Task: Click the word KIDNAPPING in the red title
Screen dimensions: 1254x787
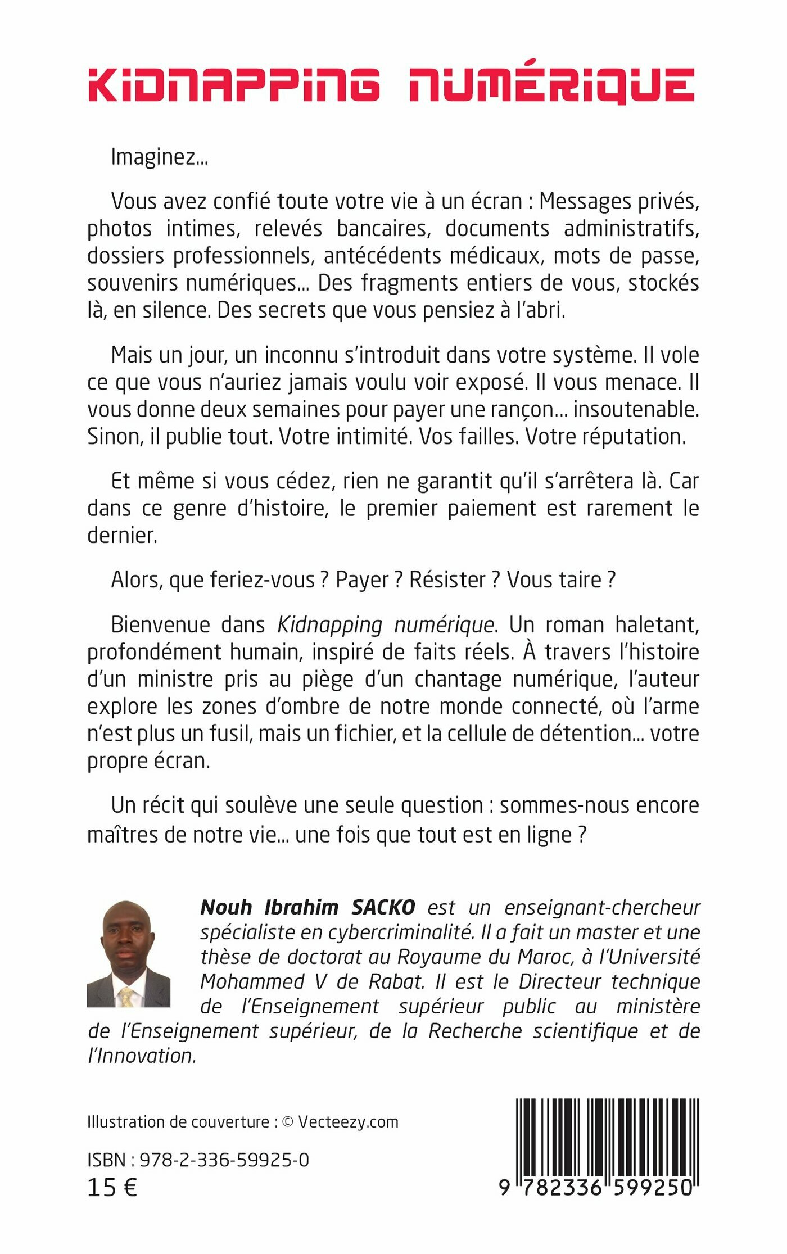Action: (233, 85)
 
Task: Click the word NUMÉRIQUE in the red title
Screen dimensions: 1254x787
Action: (552, 85)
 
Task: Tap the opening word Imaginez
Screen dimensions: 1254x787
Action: (159, 157)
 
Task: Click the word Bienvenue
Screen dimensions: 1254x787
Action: (160, 624)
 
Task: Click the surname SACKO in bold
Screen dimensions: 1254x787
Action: (383, 907)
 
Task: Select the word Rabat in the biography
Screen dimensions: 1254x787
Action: (396, 981)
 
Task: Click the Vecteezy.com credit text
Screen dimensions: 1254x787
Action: (348, 1122)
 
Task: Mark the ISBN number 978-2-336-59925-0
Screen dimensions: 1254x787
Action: (224, 1160)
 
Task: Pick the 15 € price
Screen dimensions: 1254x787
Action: (112, 1188)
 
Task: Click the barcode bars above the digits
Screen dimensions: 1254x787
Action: (607, 1135)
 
